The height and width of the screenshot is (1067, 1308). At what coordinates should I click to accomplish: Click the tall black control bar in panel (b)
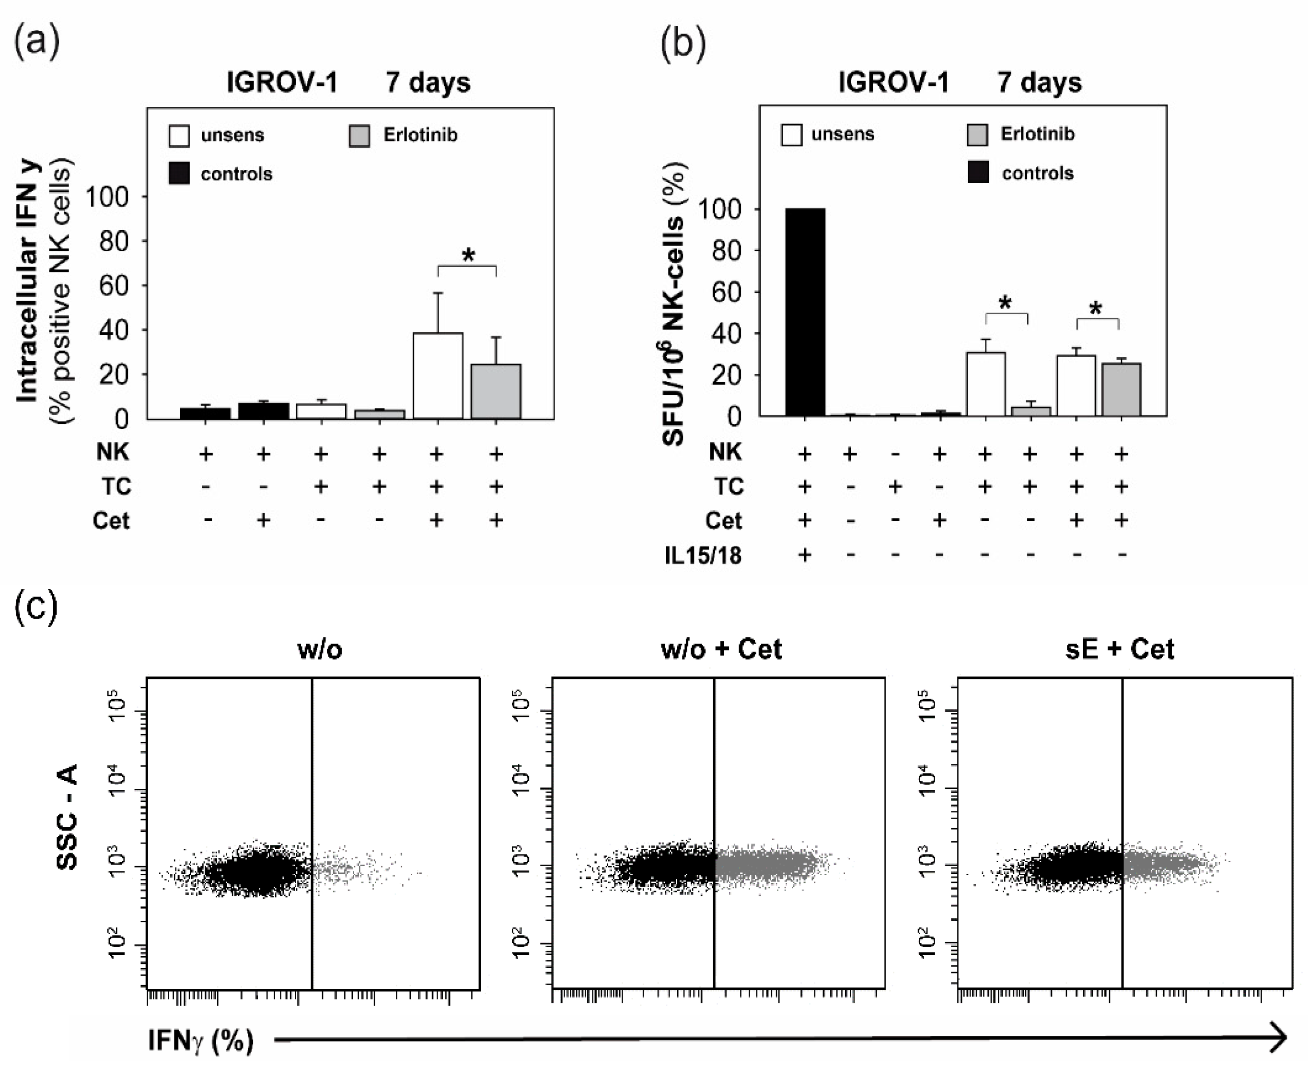[805, 312]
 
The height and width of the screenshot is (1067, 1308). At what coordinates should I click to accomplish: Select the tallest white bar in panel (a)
[438, 375]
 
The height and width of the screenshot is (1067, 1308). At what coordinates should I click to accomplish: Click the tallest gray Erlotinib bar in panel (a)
[496, 391]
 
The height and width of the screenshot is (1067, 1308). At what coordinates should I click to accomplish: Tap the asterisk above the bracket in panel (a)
[468, 255]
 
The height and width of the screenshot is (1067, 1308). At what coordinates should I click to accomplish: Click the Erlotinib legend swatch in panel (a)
[359, 136]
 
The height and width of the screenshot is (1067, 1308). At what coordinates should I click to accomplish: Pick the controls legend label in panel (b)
[1037, 173]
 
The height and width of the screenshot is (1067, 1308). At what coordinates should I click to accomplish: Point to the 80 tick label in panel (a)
[114, 242]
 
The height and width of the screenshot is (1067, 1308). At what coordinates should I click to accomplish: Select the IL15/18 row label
[703, 555]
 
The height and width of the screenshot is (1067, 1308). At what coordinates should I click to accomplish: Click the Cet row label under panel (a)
[111, 521]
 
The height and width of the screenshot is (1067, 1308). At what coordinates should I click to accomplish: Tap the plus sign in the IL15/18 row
[804, 555]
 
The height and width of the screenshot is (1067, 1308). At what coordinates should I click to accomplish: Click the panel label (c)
[35, 607]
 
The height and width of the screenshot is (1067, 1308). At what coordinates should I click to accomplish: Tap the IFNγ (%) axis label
[201, 1041]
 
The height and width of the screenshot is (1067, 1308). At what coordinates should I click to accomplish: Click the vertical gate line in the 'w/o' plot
[312, 799]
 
